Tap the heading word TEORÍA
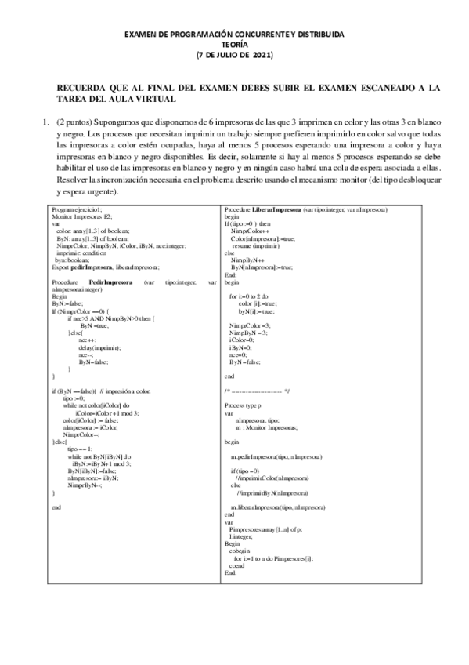[234, 45]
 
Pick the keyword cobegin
[238, 551]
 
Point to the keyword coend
[236, 565]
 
